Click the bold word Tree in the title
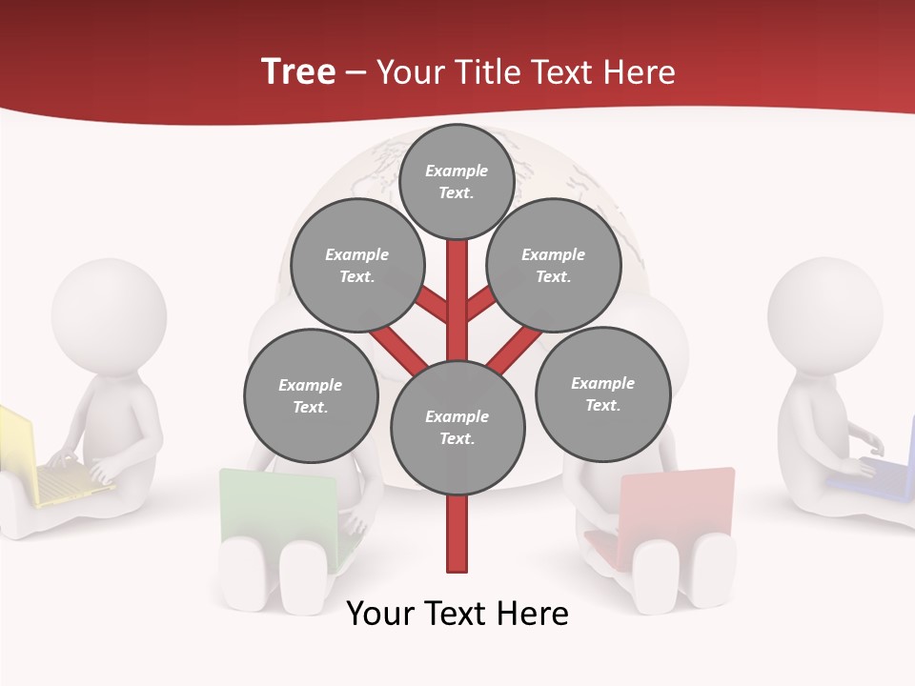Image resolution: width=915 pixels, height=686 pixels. (x=298, y=71)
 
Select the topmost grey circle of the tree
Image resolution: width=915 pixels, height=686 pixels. (x=457, y=181)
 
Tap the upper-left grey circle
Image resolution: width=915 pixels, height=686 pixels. (x=357, y=265)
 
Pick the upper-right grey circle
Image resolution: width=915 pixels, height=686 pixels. (x=554, y=265)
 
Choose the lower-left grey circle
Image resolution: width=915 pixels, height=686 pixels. (x=311, y=395)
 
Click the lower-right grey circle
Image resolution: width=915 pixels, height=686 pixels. (x=603, y=393)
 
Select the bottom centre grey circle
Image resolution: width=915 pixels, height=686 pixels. (x=457, y=428)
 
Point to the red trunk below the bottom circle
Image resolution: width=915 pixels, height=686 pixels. (x=457, y=534)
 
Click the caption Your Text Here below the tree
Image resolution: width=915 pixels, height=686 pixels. (x=457, y=614)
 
